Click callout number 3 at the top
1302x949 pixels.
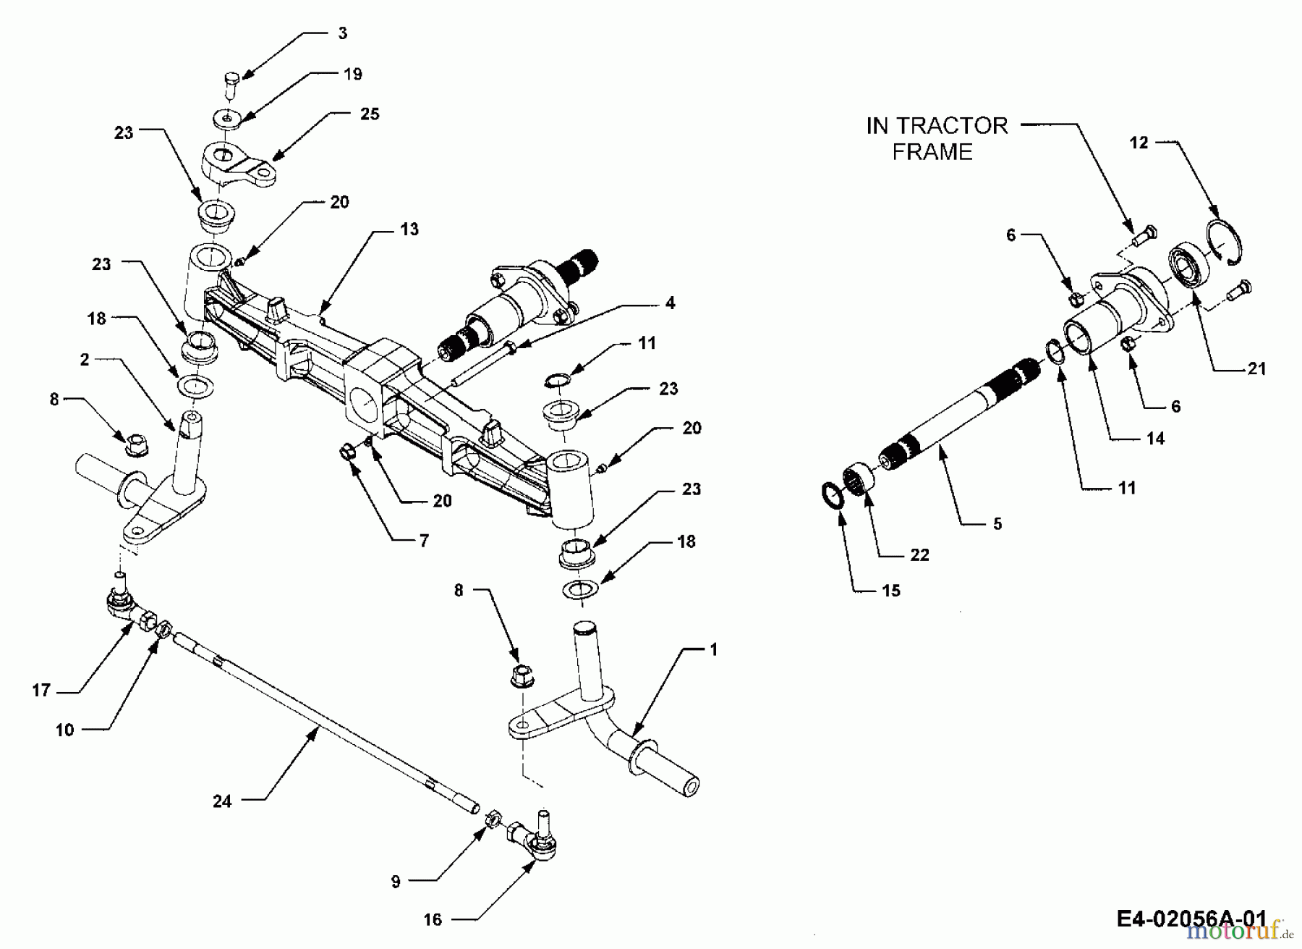342,33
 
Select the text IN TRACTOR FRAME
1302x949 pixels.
936,138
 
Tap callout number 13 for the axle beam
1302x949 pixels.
409,229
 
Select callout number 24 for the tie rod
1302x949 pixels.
222,801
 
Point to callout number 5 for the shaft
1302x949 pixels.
997,524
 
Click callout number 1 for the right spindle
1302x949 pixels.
713,650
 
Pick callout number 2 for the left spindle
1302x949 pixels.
85,360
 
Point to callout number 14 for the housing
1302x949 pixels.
1155,438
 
